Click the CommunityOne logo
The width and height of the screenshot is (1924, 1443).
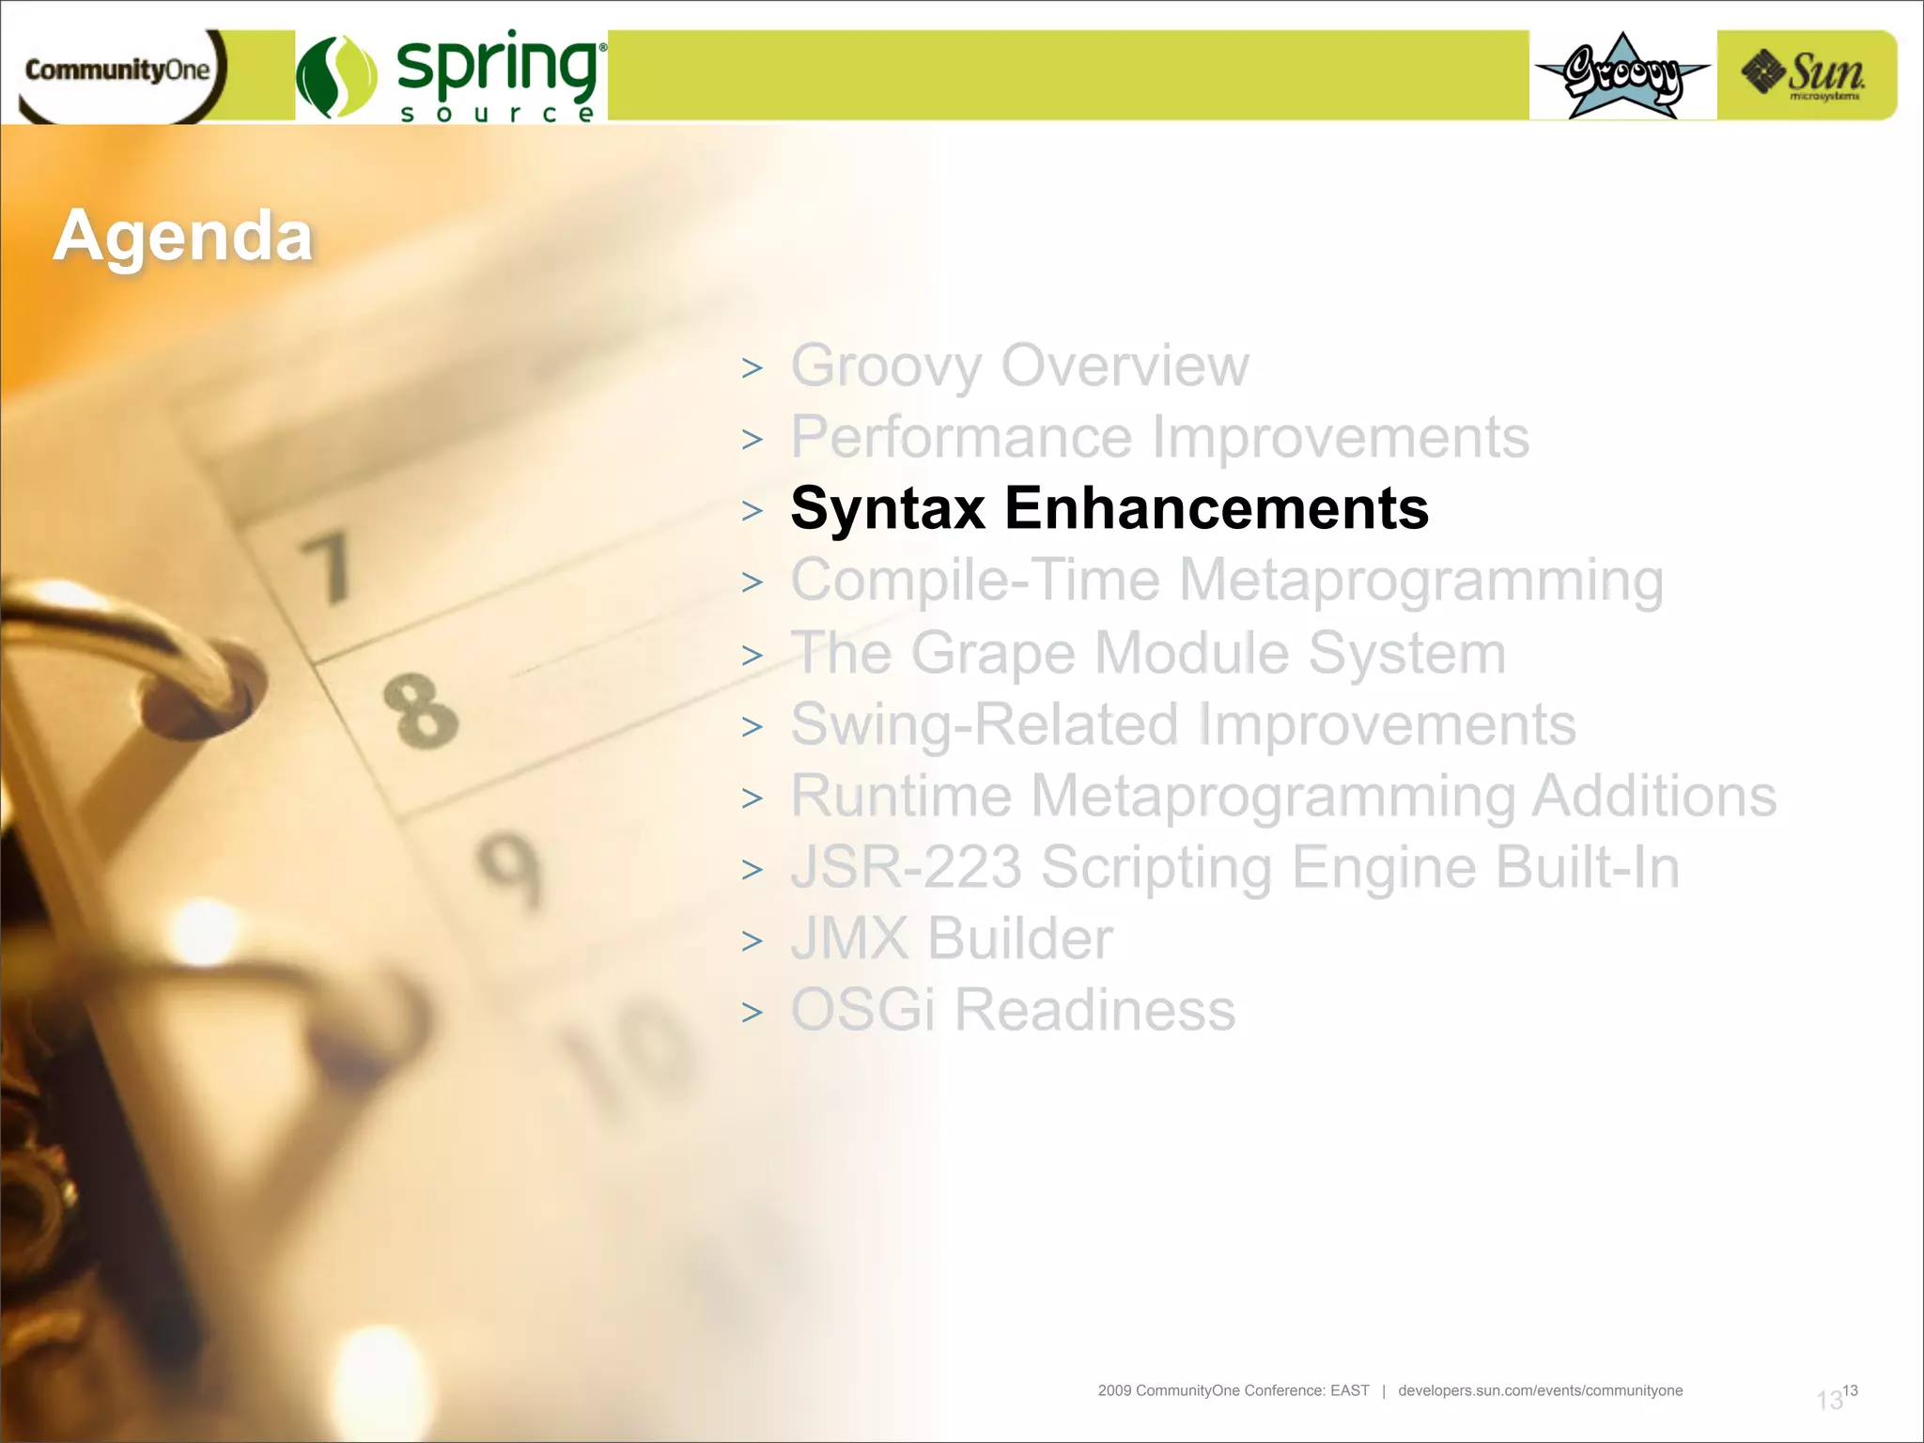pyautogui.click(x=117, y=70)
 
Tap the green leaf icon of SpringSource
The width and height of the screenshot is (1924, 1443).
pyautogui.click(x=336, y=77)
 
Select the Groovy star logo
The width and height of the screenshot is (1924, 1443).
pyautogui.click(x=1622, y=75)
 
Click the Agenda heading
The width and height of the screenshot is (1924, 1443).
pyautogui.click(x=183, y=235)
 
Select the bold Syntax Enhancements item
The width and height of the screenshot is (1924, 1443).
pyautogui.click(x=1109, y=508)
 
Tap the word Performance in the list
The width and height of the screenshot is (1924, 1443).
pyautogui.click(x=961, y=437)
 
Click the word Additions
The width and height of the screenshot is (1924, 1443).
pyautogui.click(x=1653, y=796)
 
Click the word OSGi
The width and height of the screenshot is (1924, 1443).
pyautogui.click(x=862, y=1010)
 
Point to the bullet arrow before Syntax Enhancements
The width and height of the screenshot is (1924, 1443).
pyautogui.click(x=752, y=511)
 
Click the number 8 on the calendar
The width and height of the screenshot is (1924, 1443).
pyautogui.click(x=420, y=711)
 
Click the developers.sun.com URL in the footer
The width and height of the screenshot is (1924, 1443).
pyautogui.click(x=1540, y=1390)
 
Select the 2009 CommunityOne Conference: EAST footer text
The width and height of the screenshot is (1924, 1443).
pyautogui.click(x=1233, y=1390)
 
